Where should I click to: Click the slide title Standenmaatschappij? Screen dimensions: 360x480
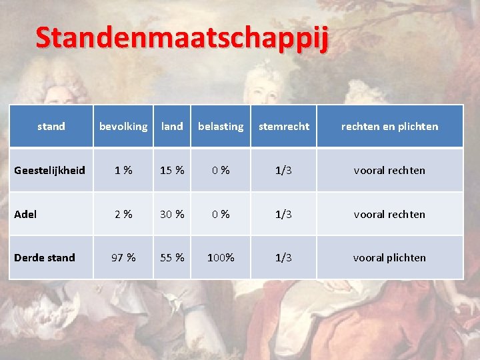pos(182,39)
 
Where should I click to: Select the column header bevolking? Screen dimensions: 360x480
pos(123,126)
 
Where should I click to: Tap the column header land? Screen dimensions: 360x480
pos(172,126)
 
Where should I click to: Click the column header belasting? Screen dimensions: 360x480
pos(221,126)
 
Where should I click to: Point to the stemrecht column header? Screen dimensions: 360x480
pos(283,126)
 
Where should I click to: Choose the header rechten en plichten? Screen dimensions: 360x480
pos(389,126)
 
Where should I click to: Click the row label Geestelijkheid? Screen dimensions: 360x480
pos(49,170)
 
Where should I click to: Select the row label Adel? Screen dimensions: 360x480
pos(25,214)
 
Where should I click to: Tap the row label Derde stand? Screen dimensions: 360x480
pos(44,257)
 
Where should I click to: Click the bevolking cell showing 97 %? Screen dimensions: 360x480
pos(123,257)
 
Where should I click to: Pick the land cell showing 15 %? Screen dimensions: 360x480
pos(172,170)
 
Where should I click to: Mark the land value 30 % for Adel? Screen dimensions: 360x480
pos(172,214)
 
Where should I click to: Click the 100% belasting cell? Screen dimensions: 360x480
pos(221,257)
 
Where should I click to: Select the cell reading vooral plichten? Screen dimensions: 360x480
pos(389,257)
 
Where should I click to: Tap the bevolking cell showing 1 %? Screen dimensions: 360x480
pos(123,170)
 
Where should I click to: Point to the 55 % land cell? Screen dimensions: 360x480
pos(172,257)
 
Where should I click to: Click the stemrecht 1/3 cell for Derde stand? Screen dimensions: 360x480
pos(283,257)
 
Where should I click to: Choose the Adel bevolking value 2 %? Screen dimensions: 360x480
pos(123,214)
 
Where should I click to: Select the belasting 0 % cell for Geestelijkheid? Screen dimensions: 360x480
pos(221,170)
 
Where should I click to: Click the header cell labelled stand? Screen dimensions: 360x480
pos(51,126)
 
